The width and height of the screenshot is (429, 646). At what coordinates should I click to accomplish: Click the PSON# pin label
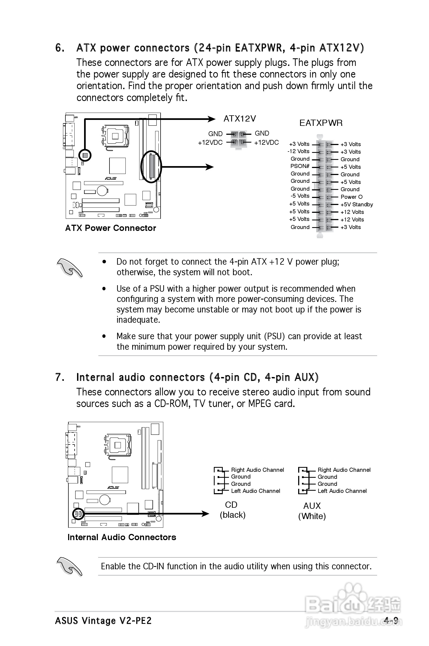coord(300,166)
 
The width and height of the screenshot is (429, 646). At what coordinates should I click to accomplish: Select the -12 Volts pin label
coord(298,151)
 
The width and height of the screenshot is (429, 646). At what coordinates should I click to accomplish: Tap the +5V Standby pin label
coord(357,204)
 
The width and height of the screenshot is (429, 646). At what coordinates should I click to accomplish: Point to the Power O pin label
coord(351,197)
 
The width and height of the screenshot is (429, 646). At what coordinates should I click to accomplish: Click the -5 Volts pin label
coord(300,196)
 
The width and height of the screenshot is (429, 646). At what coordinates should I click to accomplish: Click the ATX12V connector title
coord(240,119)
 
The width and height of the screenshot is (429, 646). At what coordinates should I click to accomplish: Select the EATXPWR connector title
coord(321,123)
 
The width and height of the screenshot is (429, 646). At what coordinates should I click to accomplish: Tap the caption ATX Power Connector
coord(111,228)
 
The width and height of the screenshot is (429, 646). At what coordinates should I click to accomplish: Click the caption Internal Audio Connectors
coord(122,537)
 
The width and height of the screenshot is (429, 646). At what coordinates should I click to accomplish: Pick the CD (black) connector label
coord(232,510)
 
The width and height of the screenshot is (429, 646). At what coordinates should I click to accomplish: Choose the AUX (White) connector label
coord(312,511)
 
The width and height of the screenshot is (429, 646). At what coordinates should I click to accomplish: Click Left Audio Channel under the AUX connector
coord(342,491)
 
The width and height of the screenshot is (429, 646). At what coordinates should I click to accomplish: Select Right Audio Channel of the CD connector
coord(257,470)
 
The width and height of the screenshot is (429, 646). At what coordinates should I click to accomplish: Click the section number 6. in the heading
coord(60,48)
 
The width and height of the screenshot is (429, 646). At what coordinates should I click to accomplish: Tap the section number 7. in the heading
coord(60,377)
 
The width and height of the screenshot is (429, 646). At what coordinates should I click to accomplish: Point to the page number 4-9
coord(390,621)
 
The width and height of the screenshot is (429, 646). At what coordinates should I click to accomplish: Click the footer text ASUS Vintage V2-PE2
coord(103,621)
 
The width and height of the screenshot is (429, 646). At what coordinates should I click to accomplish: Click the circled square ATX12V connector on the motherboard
coord(85,155)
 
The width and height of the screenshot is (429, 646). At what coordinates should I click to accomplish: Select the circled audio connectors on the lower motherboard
coord(78,514)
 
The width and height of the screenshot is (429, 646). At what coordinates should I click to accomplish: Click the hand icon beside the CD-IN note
coord(69,567)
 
